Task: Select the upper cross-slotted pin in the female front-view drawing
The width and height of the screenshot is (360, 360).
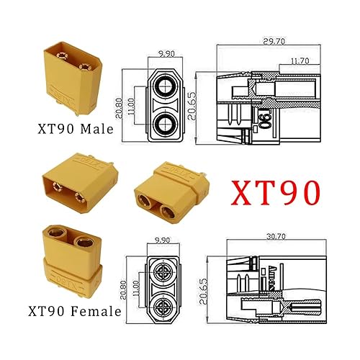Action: pos(166,272)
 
